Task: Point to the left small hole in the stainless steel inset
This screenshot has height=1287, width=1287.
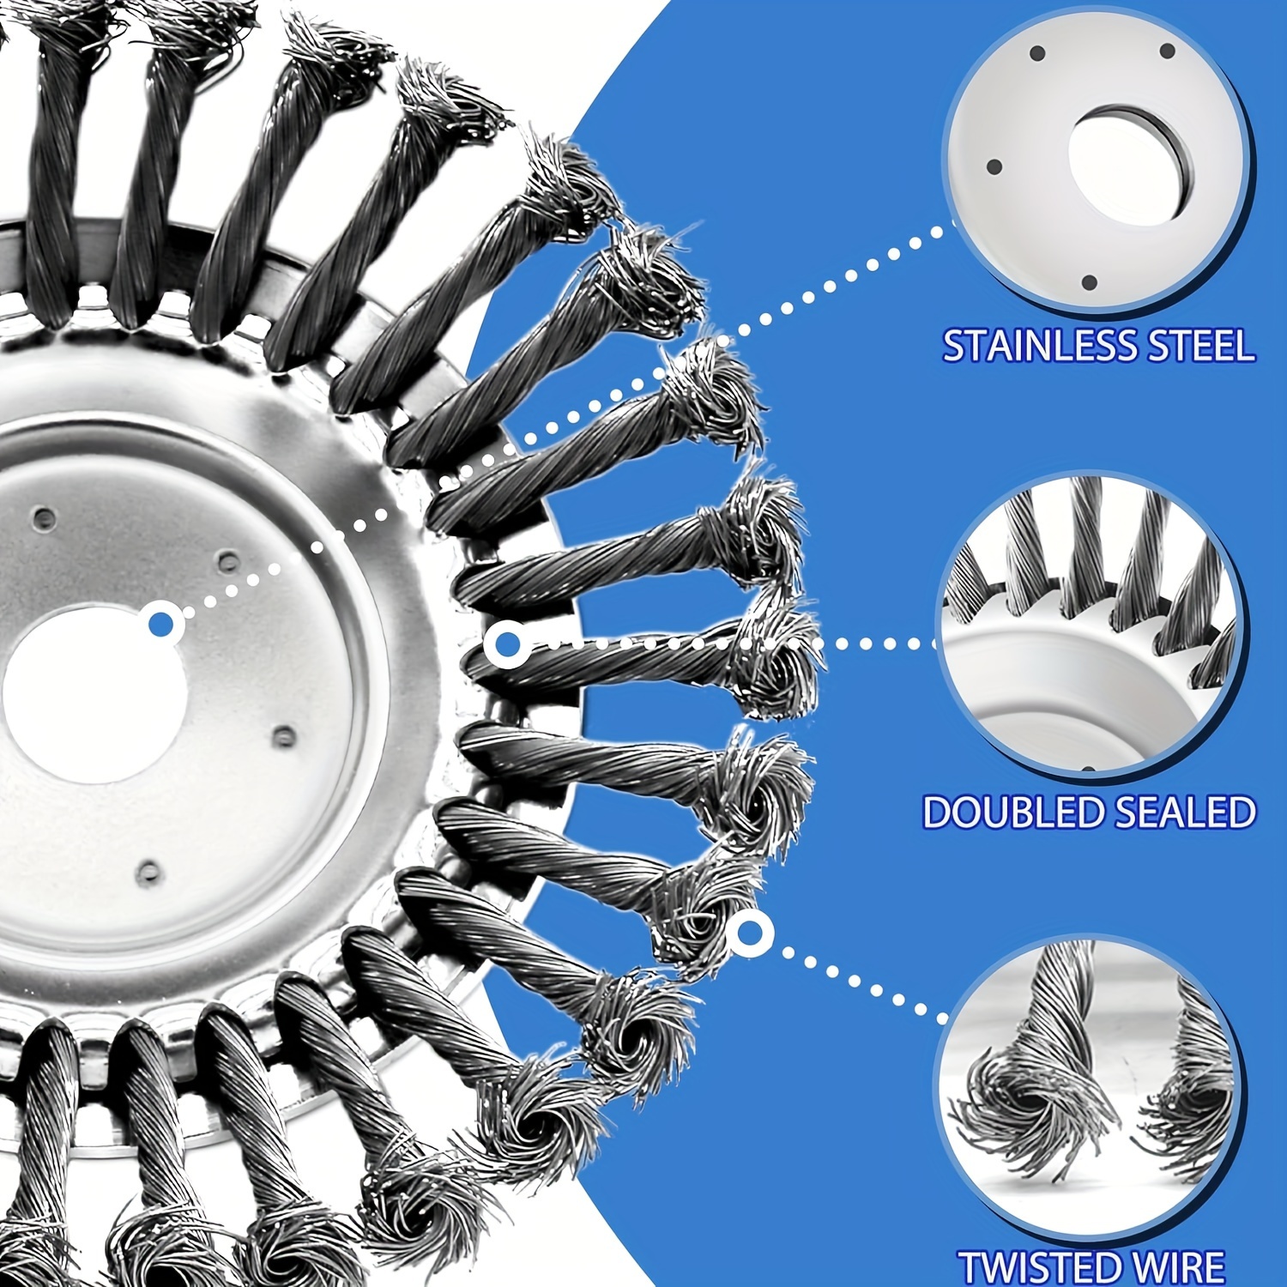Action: click(x=995, y=166)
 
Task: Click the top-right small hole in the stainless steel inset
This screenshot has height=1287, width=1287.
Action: click(x=1168, y=51)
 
